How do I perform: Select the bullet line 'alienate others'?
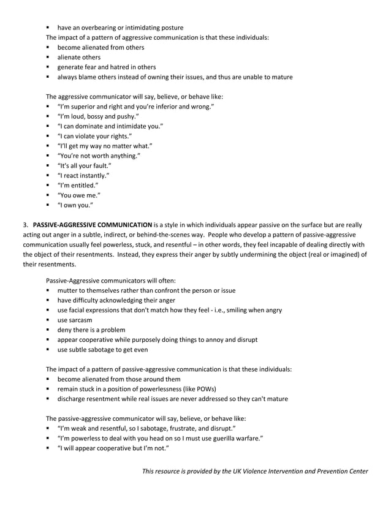tap(79, 57)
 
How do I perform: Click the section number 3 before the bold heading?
tap(25, 225)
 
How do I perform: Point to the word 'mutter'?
tap(68, 290)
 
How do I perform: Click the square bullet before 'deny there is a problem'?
tap(47, 330)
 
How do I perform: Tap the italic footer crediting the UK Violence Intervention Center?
tap(255, 471)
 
